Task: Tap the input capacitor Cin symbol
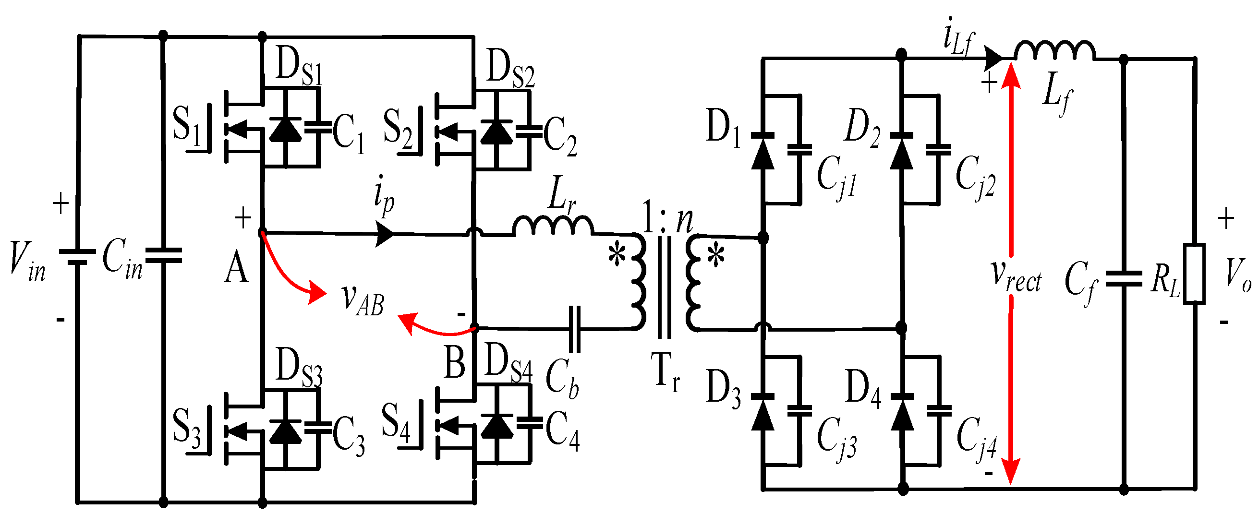tap(163, 255)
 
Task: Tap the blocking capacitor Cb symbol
tap(575, 329)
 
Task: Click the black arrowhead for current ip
tap(385, 233)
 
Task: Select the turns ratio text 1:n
tap(667, 218)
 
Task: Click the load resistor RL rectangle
tap(1194, 274)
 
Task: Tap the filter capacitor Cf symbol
tap(1124, 279)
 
